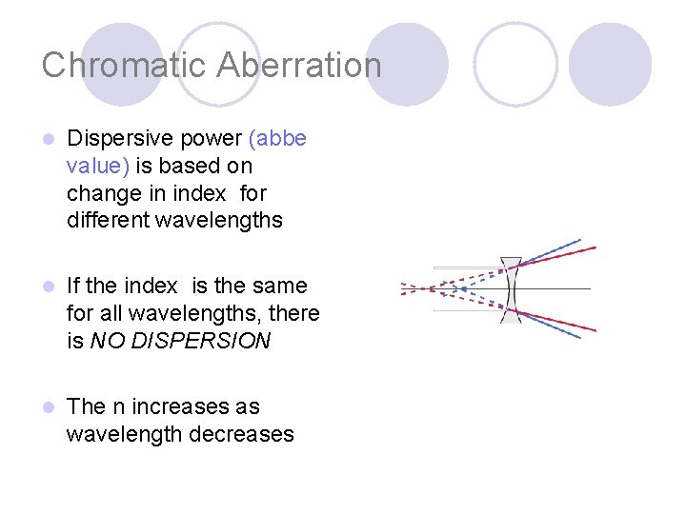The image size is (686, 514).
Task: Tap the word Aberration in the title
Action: click(x=299, y=66)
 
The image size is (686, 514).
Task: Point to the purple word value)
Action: click(x=99, y=166)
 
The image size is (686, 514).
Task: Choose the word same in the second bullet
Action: click(x=283, y=286)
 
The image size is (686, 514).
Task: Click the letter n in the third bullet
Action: click(x=119, y=407)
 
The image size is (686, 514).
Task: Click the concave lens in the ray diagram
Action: click(x=512, y=288)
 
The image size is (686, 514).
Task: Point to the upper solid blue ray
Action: click(x=553, y=250)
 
